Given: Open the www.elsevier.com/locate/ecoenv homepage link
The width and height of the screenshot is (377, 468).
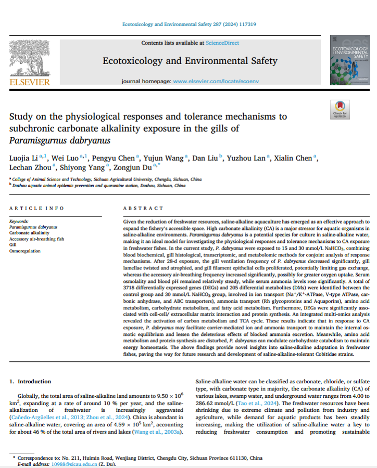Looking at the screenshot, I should pyautogui.click(x=208, y=82).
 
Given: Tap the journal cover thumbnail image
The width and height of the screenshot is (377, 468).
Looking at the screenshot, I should pyautogui.click(x=348, y=60).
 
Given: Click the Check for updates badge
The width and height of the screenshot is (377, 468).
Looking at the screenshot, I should pyautogui.click(x=340, y=109).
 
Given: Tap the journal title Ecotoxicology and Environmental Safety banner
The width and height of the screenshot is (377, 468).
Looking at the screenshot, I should pyautogui.click(x=190, y=61).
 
